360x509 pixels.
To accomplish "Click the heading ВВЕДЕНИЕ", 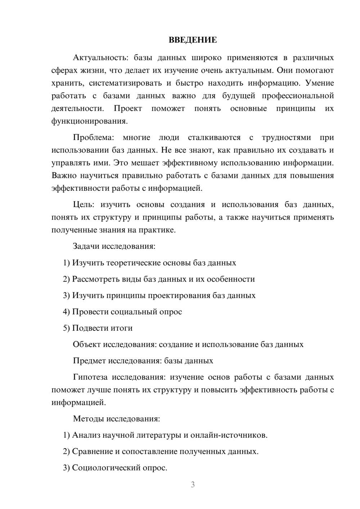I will point(193,40).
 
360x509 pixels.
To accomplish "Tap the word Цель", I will point(84,205).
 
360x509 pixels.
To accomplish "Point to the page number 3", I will point(193,485).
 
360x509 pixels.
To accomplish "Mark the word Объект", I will point(86,344).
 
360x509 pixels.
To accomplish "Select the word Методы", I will point(86,419).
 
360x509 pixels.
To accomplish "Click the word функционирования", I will point(89,121).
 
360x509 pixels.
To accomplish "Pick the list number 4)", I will point(66,312).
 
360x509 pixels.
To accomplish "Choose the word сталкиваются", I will point(214,138).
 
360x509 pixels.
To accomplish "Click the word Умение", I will point(319,83).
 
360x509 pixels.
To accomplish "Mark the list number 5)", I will point(66,328).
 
